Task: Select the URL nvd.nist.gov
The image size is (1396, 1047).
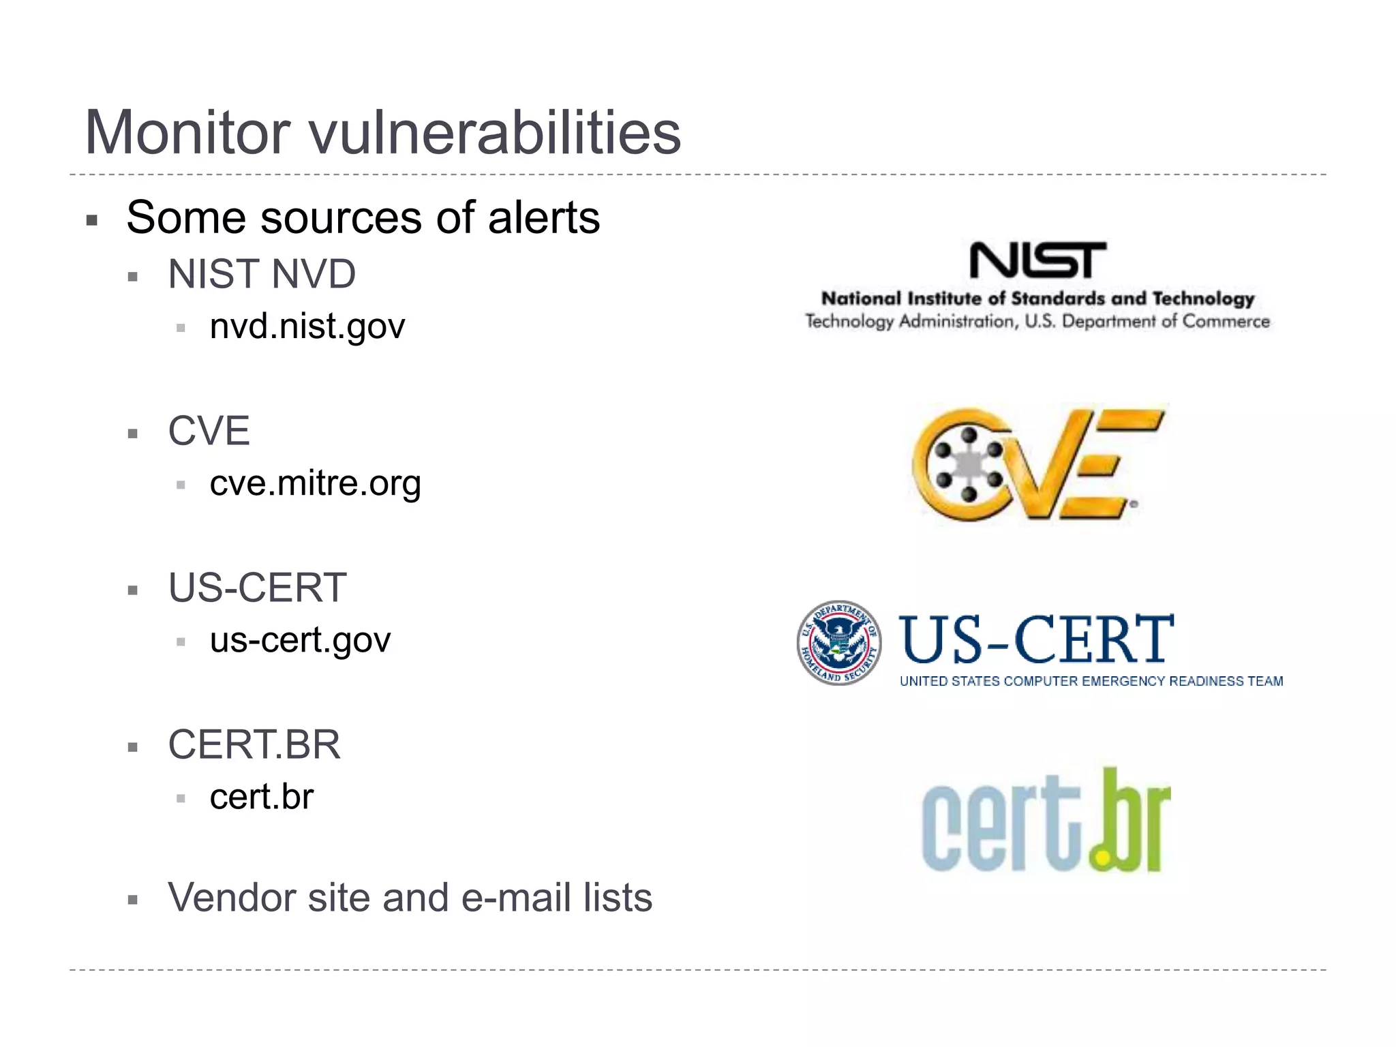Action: click(307, 327)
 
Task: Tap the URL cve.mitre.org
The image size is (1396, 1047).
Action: click(315, 483)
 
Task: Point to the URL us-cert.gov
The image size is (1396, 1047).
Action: click(300, 640)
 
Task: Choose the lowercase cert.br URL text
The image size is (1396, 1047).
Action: click(261, 797)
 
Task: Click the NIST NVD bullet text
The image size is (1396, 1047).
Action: click(262, 274)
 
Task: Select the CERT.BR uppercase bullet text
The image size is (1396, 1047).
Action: click(254, 744)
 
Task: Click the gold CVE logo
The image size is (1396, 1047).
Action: click(1037, 465)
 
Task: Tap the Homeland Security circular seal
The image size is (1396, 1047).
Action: click(839, 643)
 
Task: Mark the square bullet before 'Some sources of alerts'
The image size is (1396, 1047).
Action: click(92, 220)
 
